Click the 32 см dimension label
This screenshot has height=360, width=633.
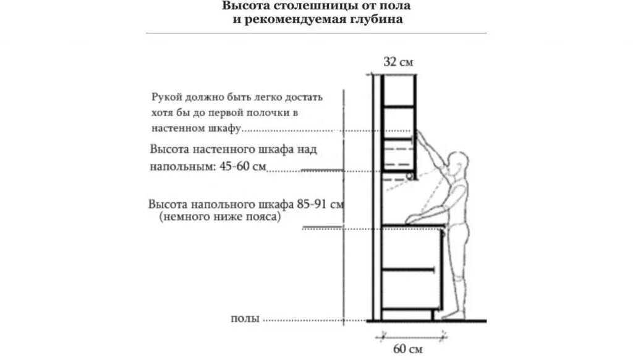click(x=397, y=62)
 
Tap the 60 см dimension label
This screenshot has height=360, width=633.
click(x=407, y=349)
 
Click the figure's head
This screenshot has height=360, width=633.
click(x=459, y=163)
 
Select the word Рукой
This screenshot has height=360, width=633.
click(x=166, y=98)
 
